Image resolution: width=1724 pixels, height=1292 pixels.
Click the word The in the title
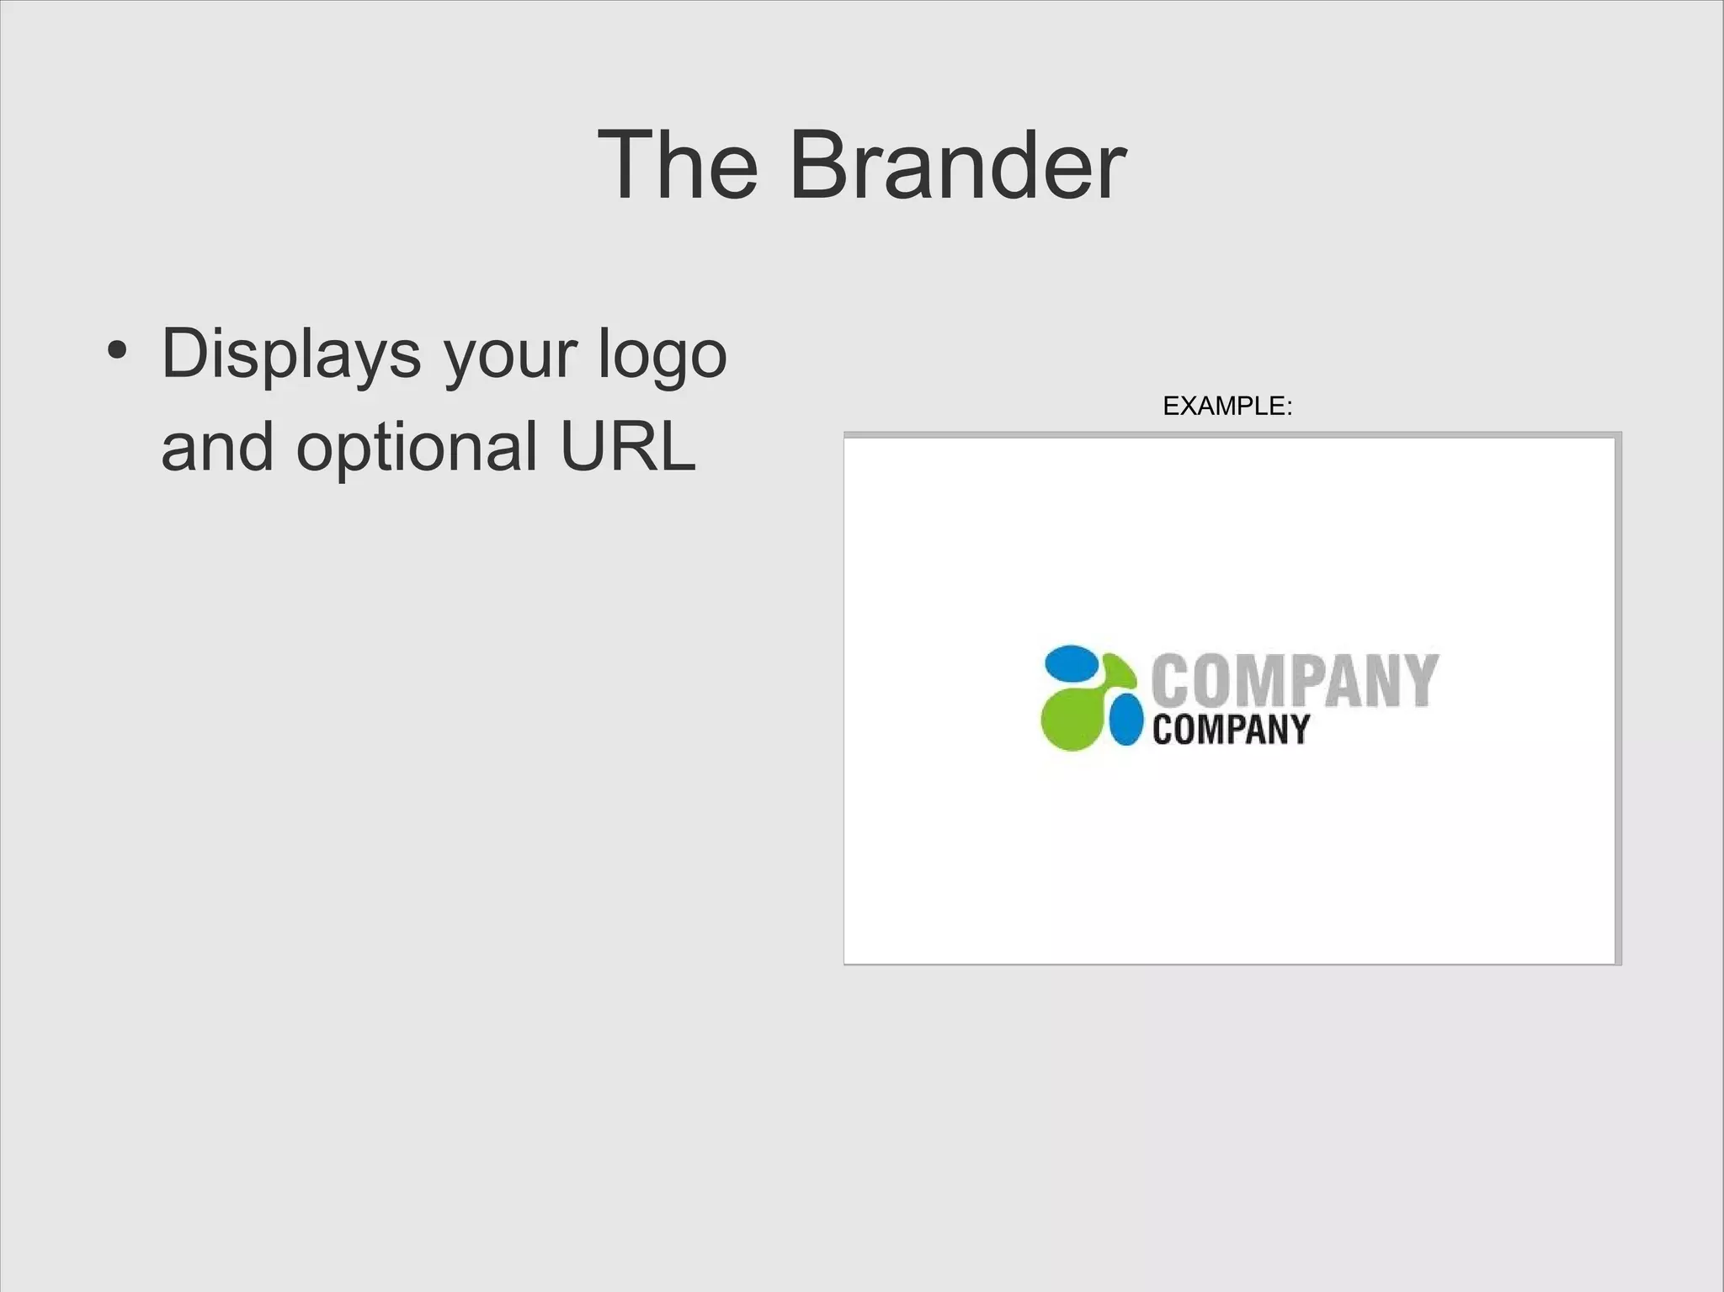(x=678, y=166)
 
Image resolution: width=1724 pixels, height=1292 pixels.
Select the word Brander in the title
(x=957, y=166)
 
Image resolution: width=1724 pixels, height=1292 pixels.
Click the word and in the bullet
(x=217, y=447)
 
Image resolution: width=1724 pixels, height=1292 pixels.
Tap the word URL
(x=628, y=445)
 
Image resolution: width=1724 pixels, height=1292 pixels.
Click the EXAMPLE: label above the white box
(x=1226, y=407)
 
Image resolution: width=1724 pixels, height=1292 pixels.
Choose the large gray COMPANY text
(x=1295, y=680)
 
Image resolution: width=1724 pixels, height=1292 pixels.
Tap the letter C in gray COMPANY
(x=1170, y=682)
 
